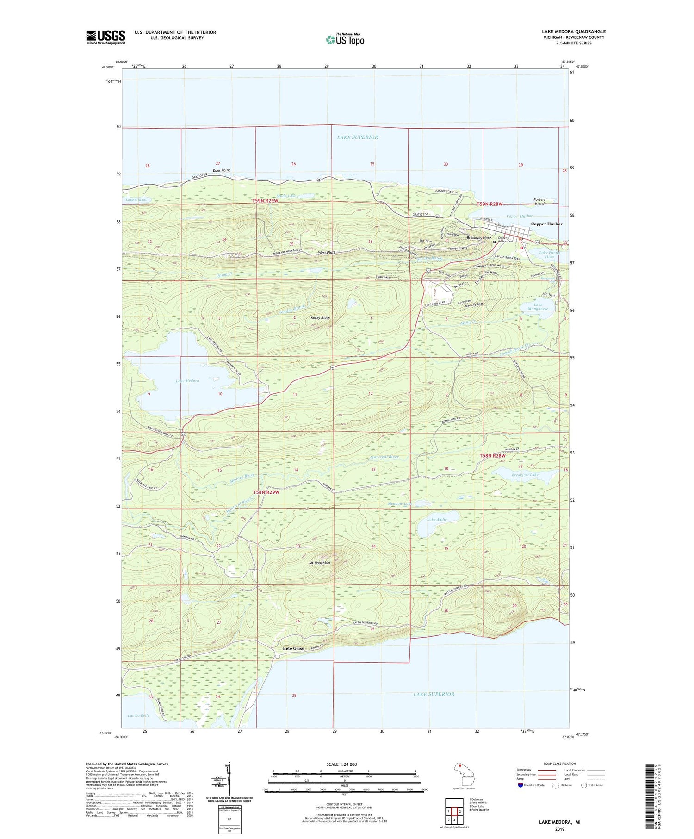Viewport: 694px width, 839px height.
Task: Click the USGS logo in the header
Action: coord(105,37)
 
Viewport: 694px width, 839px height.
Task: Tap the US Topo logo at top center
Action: coord(345,40)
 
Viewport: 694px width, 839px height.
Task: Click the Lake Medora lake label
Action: coord(187,380)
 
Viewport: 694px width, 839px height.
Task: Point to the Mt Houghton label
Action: coord(319,563)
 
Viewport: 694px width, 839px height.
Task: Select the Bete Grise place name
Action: coord(293,648)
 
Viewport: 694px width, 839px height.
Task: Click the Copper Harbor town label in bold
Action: coord(546,224)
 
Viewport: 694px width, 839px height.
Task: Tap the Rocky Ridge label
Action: coord(320,317)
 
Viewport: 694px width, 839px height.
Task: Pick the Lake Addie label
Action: coord(437,520)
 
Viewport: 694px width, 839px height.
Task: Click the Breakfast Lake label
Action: coord(525,475)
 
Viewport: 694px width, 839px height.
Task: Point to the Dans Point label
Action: coord(221,170)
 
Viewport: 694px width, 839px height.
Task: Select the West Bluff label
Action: coord(327,253)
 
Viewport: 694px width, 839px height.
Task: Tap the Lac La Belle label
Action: coord(138,715)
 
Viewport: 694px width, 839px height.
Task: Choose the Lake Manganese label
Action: coord(538,306)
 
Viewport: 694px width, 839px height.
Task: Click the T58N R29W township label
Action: coord(266,492)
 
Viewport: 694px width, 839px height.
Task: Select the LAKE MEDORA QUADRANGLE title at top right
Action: coord(573,31)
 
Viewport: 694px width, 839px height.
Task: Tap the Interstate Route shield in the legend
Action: coord(520,785)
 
